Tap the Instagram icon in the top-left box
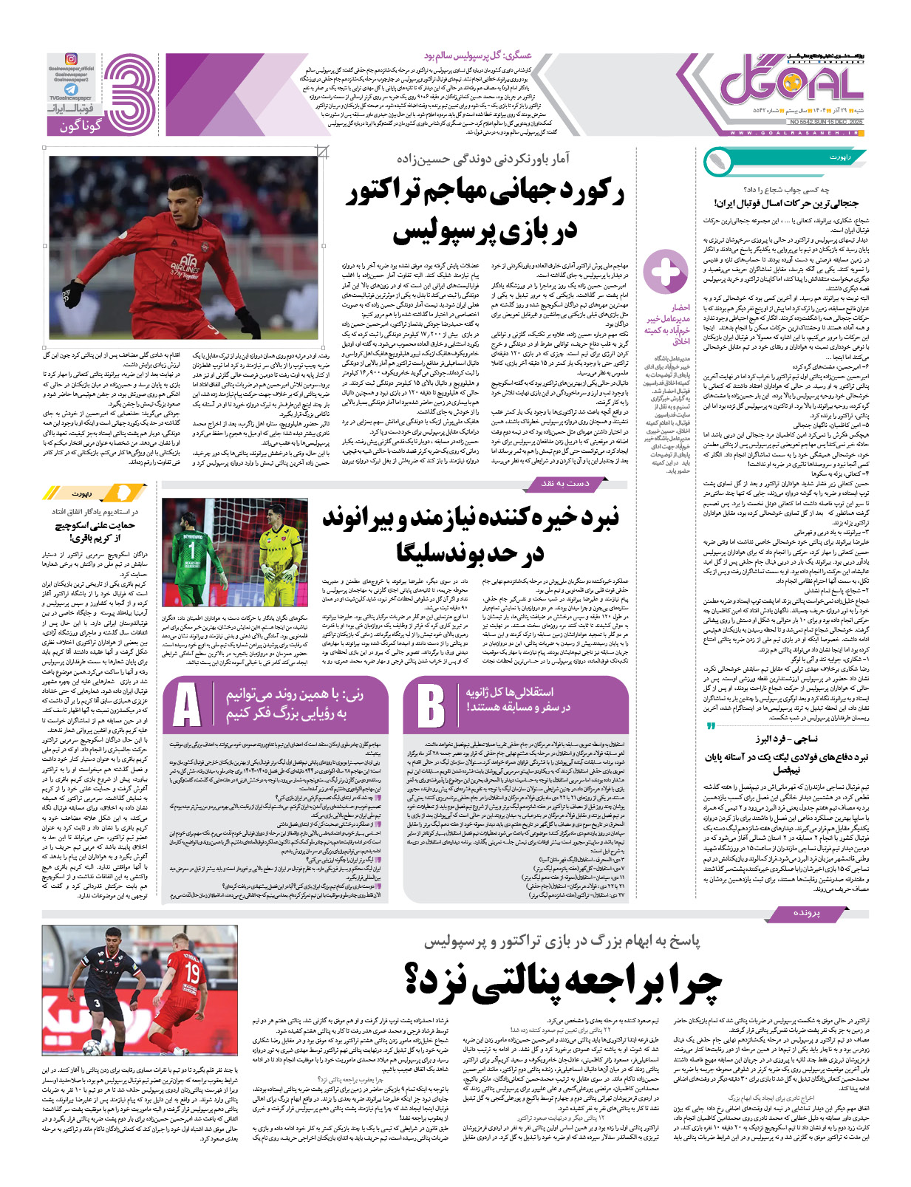pos(71,59)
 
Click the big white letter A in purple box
pos(187,705)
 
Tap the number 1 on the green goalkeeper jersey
pos(191,550)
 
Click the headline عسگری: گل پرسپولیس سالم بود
pos(477,55)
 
